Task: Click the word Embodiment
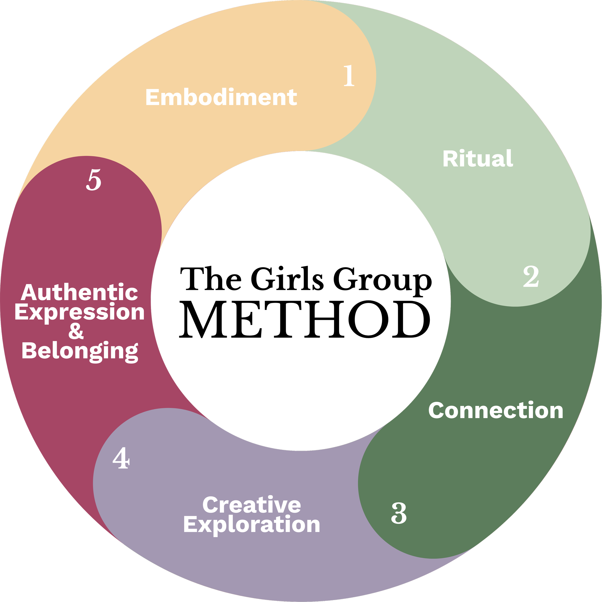(221, 97)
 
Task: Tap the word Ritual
(478, 159)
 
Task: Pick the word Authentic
(80, 293)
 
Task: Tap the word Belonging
(80, 351)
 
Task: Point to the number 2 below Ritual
(531, 276)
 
